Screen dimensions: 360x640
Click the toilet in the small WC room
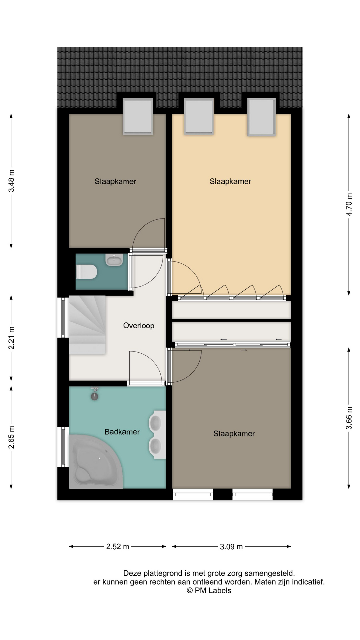(86, 272)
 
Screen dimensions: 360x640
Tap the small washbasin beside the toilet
(114, 260)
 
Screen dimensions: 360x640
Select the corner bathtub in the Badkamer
(96, 462)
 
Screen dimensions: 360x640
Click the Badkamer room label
(122, 432)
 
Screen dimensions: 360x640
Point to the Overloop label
(139, 326)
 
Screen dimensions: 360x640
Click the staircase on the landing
(87, 325)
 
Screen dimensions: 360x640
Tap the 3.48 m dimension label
(12, 181)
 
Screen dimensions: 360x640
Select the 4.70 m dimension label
(349, 204)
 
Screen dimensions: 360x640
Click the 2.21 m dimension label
(12, 338)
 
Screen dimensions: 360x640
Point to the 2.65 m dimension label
(12, 437)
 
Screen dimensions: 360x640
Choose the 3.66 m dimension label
(349, 418)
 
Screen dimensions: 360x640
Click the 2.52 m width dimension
(118, 547)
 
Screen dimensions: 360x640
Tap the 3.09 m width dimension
(231, 547)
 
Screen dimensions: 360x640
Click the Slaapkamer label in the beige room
(230, 182)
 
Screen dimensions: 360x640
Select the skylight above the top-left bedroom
(138, 116)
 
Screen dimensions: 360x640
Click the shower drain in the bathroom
(95, 396)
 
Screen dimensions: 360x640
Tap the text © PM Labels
(209, 590)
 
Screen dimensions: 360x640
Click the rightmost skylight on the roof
(262, 117)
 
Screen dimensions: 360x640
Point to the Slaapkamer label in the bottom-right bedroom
(234, 434)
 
